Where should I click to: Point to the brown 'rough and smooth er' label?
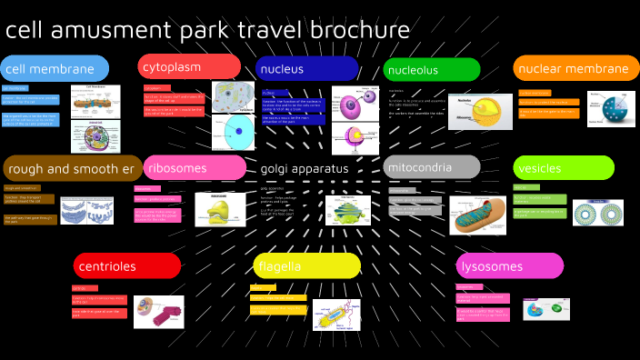72,168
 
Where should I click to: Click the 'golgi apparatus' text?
305,168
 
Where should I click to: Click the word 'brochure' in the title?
364,30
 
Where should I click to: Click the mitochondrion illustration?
478,215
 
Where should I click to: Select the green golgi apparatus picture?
349,209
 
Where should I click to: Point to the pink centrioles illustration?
158,311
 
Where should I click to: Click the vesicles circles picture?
598,214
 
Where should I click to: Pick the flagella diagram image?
336,314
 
